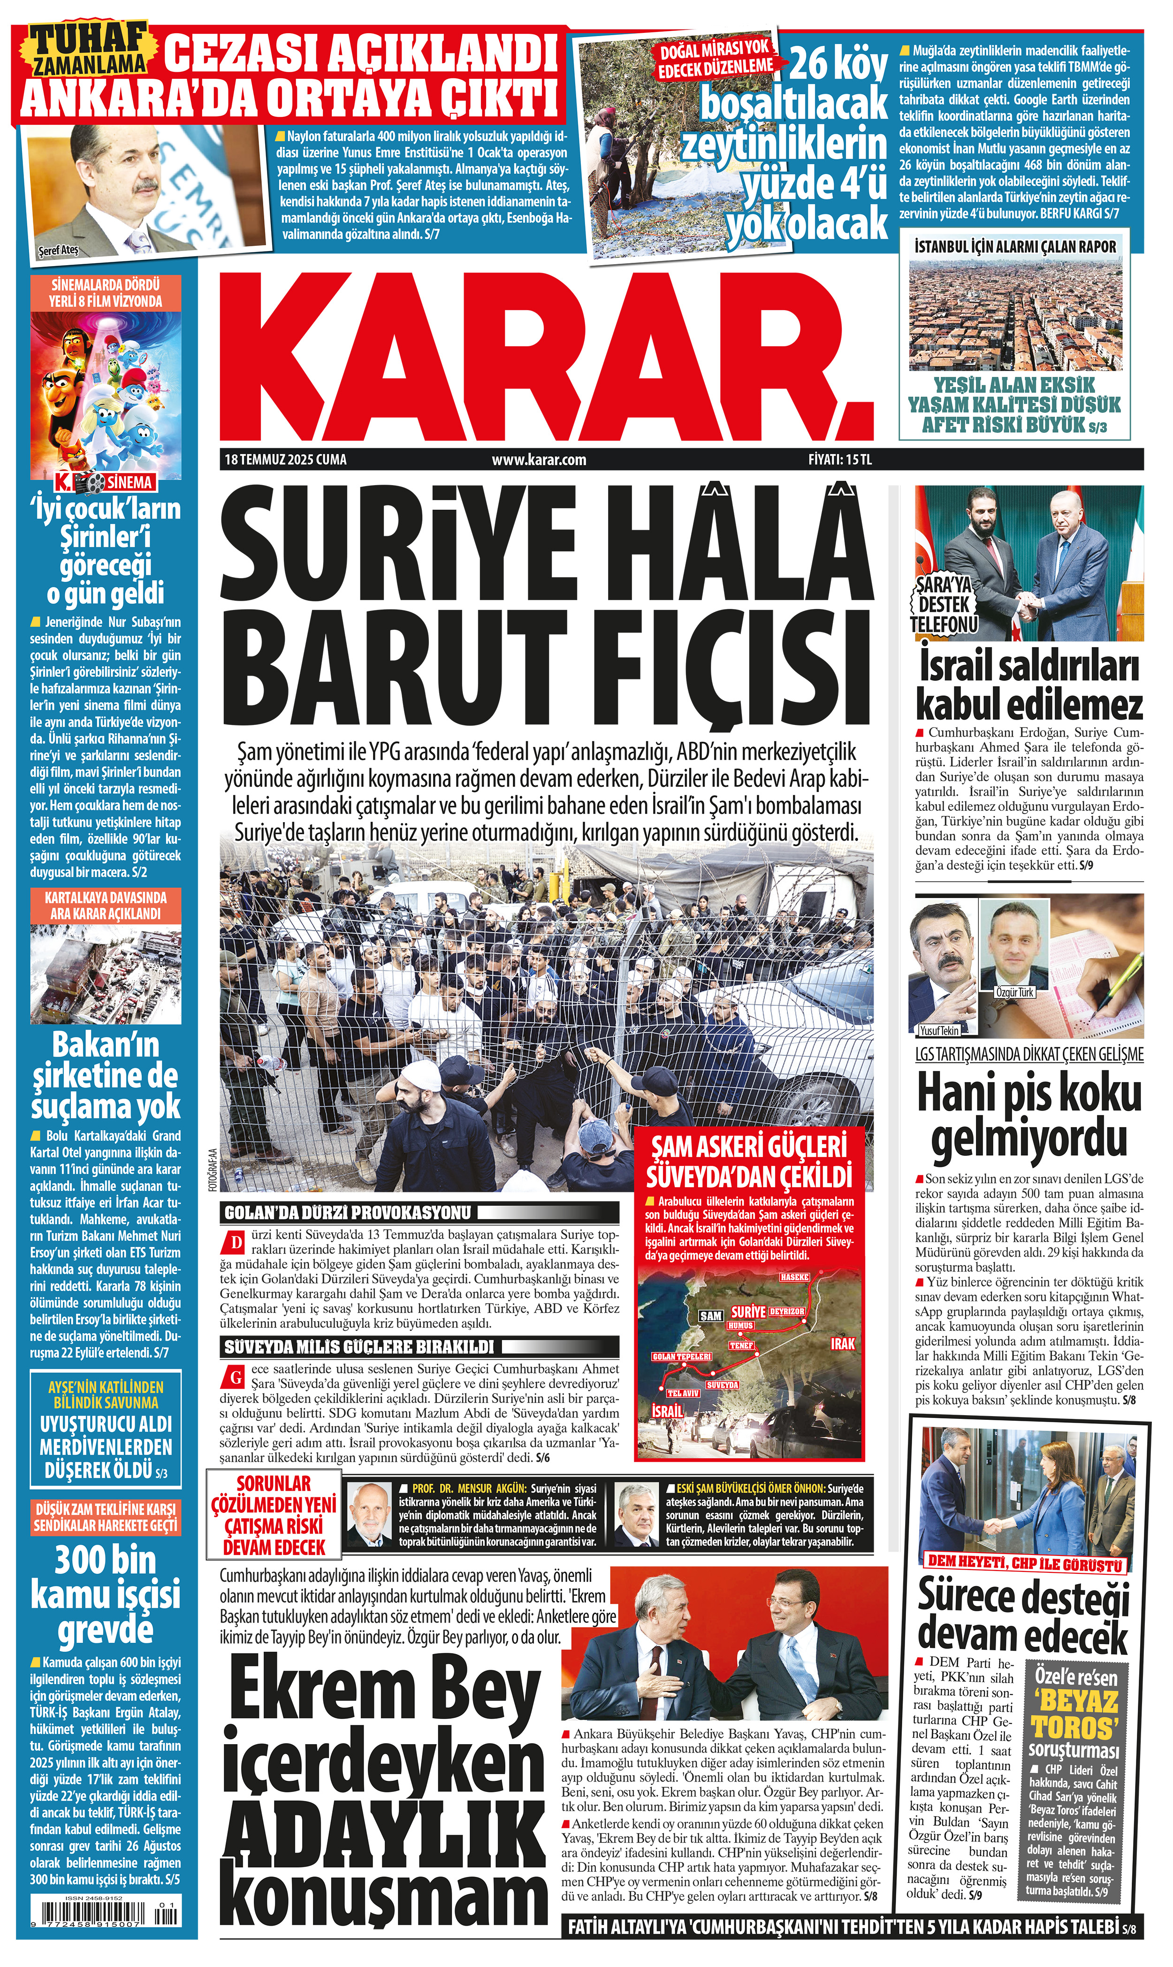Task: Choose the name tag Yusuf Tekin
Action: (939, 1030)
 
